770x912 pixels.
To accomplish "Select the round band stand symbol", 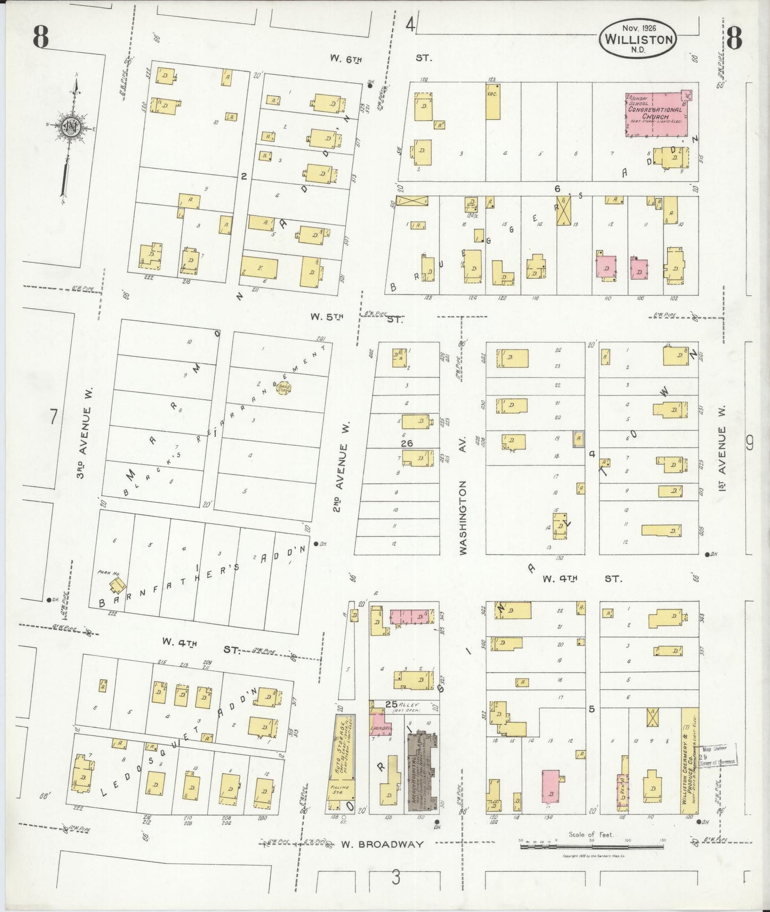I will [283, 388].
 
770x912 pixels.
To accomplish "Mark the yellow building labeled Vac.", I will [492, 101].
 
